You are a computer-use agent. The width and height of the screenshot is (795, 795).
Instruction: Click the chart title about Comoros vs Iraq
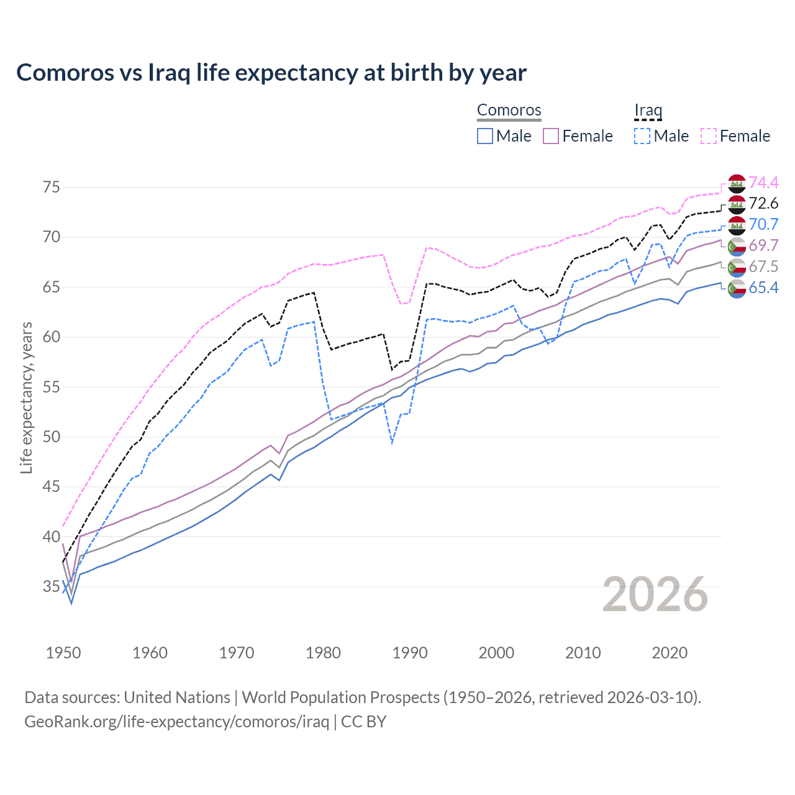pyautogui.click(x=271, y=73)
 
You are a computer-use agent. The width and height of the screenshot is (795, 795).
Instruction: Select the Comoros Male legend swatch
pyautogui.click(x=485, y=136)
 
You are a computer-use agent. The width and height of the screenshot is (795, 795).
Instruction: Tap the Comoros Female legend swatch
pyautogui.click(x=551, y=136)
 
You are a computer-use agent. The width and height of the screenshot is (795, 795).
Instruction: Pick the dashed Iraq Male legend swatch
pyautogui.click(x=642, y=136)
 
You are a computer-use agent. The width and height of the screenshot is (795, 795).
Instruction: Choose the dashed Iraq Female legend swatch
pyautogui.click(x=709, y=136)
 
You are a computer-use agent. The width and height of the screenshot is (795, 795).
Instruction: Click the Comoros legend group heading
pyautogui.click(x=509, y=111)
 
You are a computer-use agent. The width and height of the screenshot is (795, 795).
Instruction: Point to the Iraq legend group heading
pyautogui.click(x=648, y=111)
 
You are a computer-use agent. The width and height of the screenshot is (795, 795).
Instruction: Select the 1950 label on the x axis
pyautogui.click(x=63, y=653)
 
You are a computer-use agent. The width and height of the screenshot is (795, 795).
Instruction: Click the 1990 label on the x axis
pyautogui.click(x=410, y=653)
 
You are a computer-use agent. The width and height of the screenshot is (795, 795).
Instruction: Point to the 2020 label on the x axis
pyautogui.click(x=670, y=653)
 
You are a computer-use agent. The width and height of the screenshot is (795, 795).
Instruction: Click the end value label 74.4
pyautogui.click(x=763, y=183)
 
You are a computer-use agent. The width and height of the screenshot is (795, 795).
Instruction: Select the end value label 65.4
pyautogui.click(x=763, y=288)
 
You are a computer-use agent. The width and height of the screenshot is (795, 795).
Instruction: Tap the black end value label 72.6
pyautogui.click(x=763, y=204)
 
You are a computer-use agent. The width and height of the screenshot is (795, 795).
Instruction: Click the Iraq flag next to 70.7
pyautogui.click(x=737, y=225)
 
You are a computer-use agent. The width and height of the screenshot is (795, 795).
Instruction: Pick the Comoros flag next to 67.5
pyautogui.click(x=737, y=267)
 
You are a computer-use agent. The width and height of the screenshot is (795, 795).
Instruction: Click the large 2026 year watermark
pyautogui.click(x=655, y=594)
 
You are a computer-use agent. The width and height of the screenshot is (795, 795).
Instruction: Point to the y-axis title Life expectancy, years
pyautogui.click(x=26, y=397)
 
